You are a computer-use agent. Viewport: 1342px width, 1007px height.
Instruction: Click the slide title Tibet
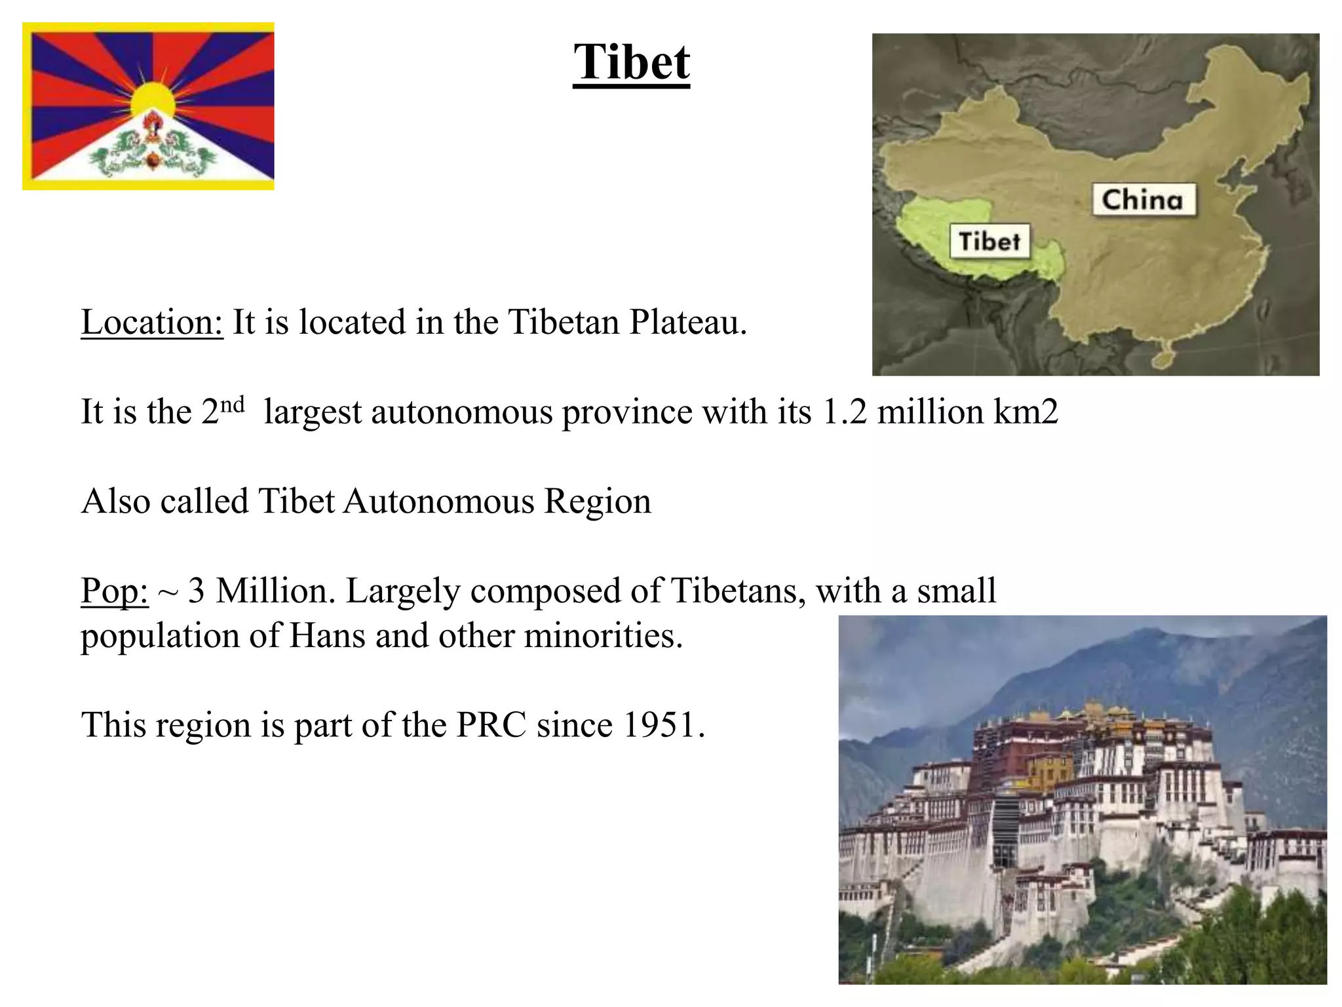pyautogui.click(x=631, y=62)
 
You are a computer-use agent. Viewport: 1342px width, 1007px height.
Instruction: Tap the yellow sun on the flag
pyautogui.click(x=153, y=100)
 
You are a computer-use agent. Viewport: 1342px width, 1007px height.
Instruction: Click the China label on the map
pyautogui.click(x=1143, y=200)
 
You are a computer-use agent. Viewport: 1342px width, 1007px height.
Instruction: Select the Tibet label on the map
pyautogui.click(x=989, y=241)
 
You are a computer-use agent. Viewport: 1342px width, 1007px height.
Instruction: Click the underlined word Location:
pyautogui.click(x=152, y=323)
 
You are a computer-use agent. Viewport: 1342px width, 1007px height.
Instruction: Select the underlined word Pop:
pyautogui.click(x=114, y=591)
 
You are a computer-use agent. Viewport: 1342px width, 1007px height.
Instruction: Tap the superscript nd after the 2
pyautogui.click(x=232, y=404)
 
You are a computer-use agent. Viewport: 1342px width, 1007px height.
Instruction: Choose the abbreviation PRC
pyautogui.click(x=491, y=725)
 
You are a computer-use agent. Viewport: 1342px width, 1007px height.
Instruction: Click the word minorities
pyautogui.click(x=603, y=636)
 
